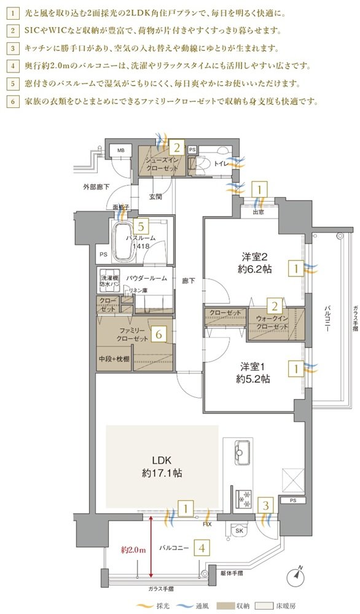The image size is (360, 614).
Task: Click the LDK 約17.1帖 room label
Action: coord(162,466)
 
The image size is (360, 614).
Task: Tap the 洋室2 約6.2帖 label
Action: coord(257,263)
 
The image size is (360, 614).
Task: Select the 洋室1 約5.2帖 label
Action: coord(253,373)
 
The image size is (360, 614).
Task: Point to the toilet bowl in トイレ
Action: coord(203,163)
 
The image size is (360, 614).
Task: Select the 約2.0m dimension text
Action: coord(133,550)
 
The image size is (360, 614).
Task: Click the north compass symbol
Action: coord(296,575)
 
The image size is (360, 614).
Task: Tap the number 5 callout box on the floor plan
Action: coord(141,226)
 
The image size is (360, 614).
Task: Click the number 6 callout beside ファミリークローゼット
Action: coord(158,334)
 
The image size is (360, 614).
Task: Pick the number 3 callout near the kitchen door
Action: coord(266,505)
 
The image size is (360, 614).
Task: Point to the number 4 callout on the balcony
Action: coord(202,548)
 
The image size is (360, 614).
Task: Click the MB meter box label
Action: coord(121,150)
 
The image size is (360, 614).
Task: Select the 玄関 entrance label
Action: coord(155,197)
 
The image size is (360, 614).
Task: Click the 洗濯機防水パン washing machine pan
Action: coord(109,281)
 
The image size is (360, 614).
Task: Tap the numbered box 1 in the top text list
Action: coord(12,13)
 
